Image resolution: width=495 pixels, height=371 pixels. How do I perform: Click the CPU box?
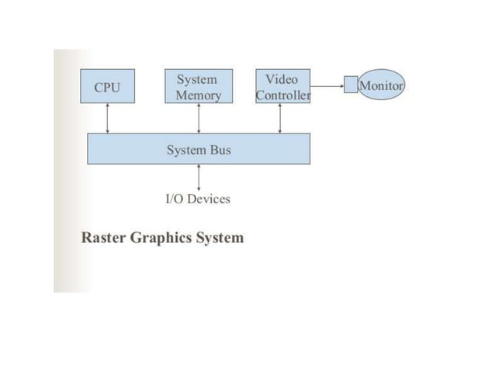107,86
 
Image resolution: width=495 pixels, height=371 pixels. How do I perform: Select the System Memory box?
199,86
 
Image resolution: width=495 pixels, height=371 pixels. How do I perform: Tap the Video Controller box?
282,86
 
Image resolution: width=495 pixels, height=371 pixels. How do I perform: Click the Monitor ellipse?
381,85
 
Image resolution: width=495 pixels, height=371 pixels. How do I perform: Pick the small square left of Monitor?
351,85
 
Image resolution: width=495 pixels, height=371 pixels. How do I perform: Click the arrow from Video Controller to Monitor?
327,85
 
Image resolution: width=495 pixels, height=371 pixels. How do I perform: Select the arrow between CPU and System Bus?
108,118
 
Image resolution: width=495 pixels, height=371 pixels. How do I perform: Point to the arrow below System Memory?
199,118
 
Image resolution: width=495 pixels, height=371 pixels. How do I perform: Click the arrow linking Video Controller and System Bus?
280,118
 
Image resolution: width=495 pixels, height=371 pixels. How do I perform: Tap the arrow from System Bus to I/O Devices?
199,177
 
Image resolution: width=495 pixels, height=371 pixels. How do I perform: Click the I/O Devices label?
199,199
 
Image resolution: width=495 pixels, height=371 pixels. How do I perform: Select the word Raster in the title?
104,238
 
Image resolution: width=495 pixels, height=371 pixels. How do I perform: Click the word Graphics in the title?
163,238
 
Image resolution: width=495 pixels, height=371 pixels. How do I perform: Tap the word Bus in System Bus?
220,149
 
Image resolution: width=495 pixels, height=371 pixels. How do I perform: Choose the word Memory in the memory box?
199,95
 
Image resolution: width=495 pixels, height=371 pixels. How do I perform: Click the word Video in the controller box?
281,79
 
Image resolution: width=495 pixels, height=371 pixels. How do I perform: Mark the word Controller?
283,95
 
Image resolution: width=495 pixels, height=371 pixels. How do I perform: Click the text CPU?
107,87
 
